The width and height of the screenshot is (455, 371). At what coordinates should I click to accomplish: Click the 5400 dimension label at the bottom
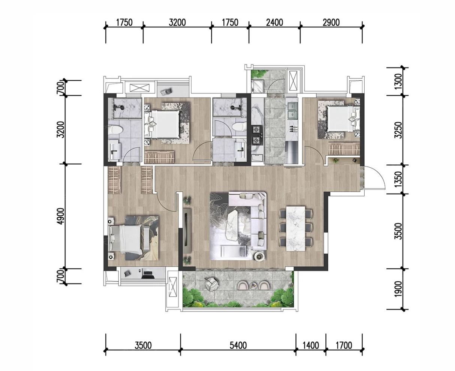coord(238,345)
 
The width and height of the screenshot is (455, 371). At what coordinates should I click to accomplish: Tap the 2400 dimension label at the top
coord(274,23)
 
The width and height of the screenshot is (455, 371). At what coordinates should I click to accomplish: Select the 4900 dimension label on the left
coord(61,216)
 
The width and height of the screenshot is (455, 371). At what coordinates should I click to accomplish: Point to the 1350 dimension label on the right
coord(398,179)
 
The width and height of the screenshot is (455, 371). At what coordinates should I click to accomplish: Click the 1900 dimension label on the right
coord(398,289)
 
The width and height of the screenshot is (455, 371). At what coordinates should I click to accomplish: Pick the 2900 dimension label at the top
coord(331,23)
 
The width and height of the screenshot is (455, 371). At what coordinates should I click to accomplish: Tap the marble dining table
coord(296,228)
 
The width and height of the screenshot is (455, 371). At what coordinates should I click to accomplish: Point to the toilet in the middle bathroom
coord(239,127)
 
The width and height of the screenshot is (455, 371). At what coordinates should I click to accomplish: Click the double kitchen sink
coord(292,110)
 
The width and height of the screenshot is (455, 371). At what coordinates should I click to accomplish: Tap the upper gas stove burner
coord(256,129)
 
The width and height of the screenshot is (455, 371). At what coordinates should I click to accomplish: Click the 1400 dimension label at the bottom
coord(311,345)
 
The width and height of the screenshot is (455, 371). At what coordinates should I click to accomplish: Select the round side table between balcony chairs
coord(254,285)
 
